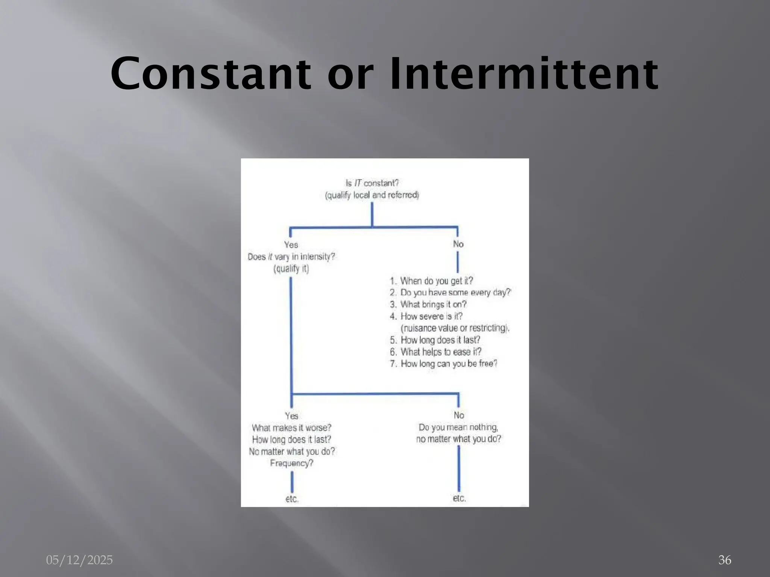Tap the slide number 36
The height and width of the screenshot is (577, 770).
(725, 560)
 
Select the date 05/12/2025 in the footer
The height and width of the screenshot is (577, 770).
(79, 560)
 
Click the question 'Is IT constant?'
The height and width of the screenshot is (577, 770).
(372, 183)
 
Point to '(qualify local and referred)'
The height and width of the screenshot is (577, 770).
(372, 195)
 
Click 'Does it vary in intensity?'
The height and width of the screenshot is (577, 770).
(291, 257)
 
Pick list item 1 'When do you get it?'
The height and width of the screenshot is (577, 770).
(431, 281)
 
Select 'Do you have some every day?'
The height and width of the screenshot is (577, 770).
(450, 293)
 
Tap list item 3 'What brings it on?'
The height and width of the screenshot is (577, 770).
(428, 304)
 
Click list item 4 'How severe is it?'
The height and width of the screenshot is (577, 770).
(426, 316)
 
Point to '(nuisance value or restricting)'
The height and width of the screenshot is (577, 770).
(455, 328)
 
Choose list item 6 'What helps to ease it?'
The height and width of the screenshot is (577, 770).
(436, 352)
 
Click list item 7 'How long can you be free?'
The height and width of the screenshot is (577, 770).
(444, 364)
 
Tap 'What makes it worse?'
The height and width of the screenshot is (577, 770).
(291, 428)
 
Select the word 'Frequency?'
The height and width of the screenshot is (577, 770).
(291, 463)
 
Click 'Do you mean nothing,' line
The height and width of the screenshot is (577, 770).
(458, 427)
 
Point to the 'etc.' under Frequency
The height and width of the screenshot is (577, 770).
(292, 499)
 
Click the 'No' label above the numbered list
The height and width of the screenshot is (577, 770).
(458, 244)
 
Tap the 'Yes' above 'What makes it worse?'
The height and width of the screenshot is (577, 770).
(291, 416)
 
